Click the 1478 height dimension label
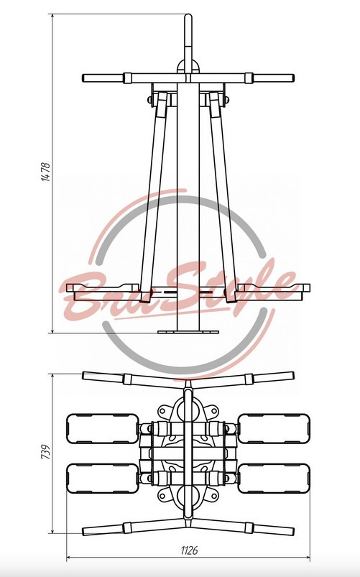point(46,172)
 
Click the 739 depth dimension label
point(46,452)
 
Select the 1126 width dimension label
point(189,550)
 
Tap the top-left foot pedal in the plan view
point(103,429)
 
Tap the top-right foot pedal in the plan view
point(274,429)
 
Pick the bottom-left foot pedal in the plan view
point(103,479)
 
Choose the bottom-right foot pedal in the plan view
point(274,479)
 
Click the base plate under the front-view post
point(188,332)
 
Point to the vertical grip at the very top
point(188,42)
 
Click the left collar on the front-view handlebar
point(128,78)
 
